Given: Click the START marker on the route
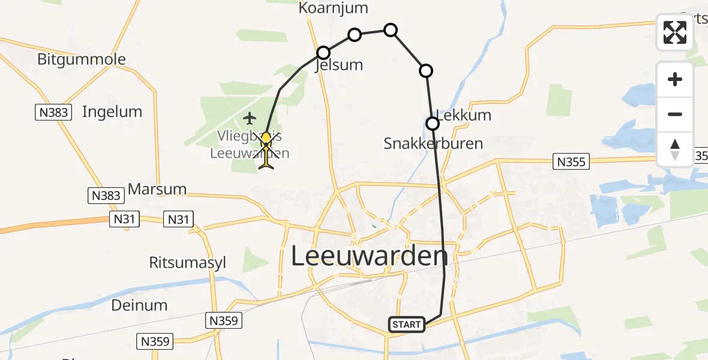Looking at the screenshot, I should click(407, 325).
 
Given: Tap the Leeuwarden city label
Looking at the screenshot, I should click(370, 256).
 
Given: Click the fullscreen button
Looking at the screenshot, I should click(675, 32).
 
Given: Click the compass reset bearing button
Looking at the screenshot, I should click(675, 149).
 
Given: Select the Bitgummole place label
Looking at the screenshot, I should click(82, 59).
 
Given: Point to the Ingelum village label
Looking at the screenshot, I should click(112, 112).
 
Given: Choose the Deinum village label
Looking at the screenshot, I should click(139, 305).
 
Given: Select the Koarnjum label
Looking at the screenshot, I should click(333, 8).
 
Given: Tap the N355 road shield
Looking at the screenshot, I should click(571, 161).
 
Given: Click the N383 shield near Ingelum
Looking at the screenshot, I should click(53, 112).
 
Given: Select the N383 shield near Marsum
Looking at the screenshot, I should click(107, 195).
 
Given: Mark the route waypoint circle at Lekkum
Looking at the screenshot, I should click(433, 124).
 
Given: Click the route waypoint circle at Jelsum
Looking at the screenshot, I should click(323, 52).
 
